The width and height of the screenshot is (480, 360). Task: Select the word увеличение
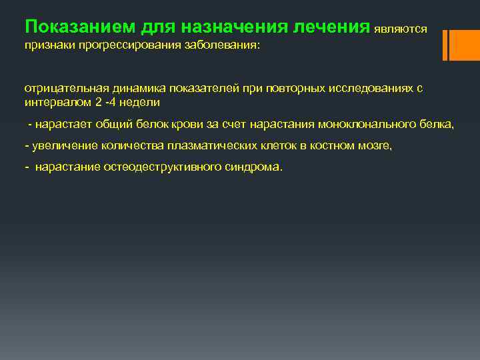pyautogui.click(x=56, y=146)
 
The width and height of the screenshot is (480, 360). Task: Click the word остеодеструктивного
pyautogui.click(x=157, y=167)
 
